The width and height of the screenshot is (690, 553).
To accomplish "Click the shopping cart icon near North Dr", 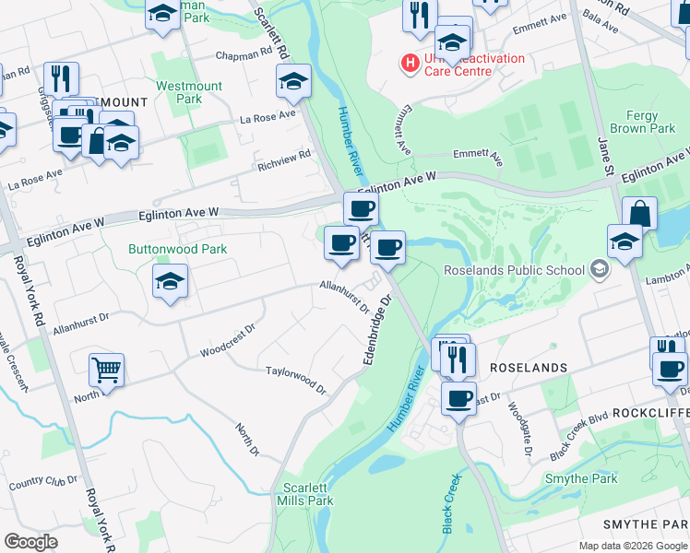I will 107,371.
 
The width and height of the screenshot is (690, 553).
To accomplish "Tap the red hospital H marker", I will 408,63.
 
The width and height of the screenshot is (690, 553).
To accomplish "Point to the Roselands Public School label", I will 515,270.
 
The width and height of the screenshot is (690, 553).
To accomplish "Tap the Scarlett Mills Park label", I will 308,494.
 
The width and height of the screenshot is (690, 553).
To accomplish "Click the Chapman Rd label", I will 241,56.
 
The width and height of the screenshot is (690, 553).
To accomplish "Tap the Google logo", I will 30,542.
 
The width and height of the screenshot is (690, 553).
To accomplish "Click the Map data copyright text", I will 632,546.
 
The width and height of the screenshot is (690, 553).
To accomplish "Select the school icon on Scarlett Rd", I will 293,82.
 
